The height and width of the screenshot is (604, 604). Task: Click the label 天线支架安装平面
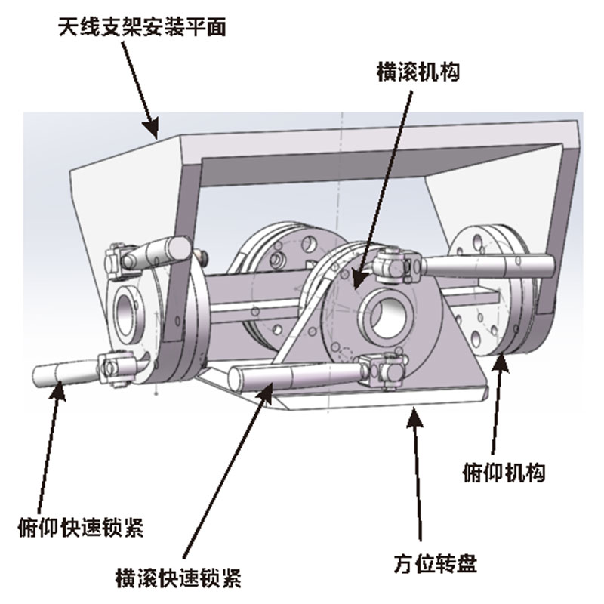(142, 28)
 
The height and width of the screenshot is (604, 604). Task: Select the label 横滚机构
(418, 72)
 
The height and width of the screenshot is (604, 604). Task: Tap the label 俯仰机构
(504, 473)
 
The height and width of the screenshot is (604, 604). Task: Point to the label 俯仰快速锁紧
(81, 527)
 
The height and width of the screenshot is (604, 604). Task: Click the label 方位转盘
(436, 563)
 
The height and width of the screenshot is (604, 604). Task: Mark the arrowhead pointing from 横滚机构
(357, 278)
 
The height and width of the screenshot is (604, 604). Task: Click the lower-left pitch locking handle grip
(66, 374)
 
